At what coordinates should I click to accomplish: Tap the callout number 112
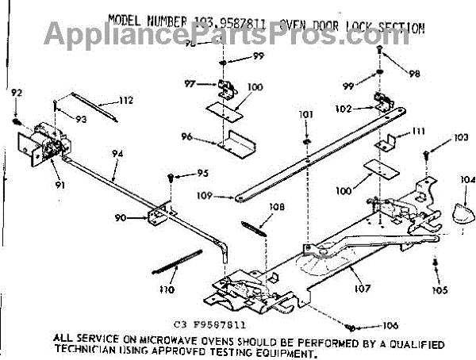tap(125, 100)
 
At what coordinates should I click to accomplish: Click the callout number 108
tap(276, 208)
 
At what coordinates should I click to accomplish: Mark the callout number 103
tap(461, 138)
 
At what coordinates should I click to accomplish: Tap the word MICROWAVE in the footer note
tap(157, 338)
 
